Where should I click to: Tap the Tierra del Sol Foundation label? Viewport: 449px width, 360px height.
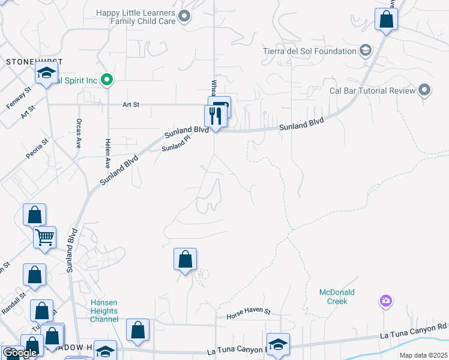310,51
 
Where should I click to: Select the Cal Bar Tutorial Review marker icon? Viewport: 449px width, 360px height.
425,91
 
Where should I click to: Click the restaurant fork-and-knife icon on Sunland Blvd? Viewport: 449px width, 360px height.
213,115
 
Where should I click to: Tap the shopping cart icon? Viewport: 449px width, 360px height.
45,238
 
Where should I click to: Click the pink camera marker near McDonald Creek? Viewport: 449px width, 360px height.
385,300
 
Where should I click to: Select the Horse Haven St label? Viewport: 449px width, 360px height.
249,313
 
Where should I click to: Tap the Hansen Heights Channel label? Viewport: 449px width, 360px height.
104,311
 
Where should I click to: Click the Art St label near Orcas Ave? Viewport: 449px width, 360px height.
131,104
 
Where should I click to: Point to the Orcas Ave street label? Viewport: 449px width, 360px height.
79,133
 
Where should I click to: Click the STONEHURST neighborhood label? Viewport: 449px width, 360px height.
26,62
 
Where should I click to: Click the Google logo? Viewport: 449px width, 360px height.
20,353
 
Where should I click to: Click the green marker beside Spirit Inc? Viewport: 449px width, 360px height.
107,79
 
